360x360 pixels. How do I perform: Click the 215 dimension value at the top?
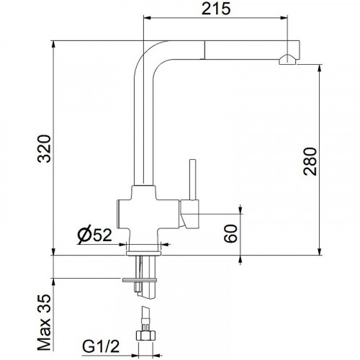pos(216,9)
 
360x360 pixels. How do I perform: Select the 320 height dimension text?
pos(45,149)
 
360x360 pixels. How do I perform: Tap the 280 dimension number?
pos(310,161)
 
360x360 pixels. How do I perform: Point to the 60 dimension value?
pos(230,233)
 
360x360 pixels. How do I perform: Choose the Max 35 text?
pos(45,323)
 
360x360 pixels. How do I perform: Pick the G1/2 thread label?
pos(101,346)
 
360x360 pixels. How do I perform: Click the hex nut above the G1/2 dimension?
pos(145,335)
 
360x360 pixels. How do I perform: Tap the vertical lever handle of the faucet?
pos(192,179)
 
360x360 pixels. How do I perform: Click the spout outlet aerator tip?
pos(287,60)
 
